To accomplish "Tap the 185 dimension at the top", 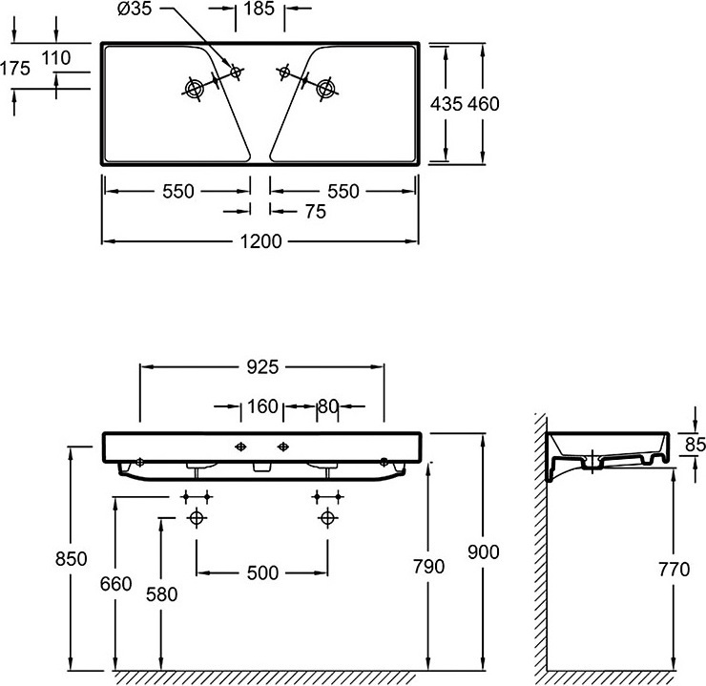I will click(x=259, y=10).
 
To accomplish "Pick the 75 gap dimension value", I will click(x=314, y=212).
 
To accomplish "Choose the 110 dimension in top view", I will click(x=56, y=57).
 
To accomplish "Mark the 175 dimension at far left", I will click(x=16, y=68).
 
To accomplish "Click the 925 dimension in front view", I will click(x=261, y=366).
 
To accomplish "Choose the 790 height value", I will click(x=428, y=567).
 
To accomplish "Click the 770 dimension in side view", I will click(x=674, y=570).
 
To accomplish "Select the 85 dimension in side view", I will click(x=695, y=444).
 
